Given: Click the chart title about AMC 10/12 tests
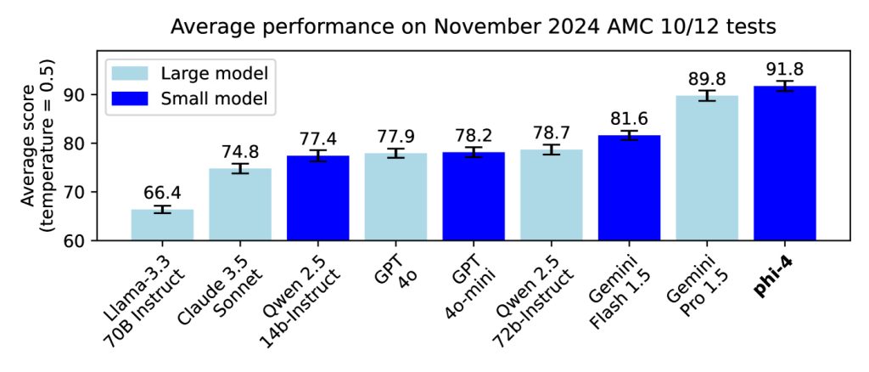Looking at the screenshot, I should (x=473, y=26).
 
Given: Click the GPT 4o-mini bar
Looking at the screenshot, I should (x=474, y=196).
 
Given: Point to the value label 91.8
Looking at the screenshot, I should (x=785, y=69).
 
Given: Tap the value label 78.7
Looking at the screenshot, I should (x=552, y=132).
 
